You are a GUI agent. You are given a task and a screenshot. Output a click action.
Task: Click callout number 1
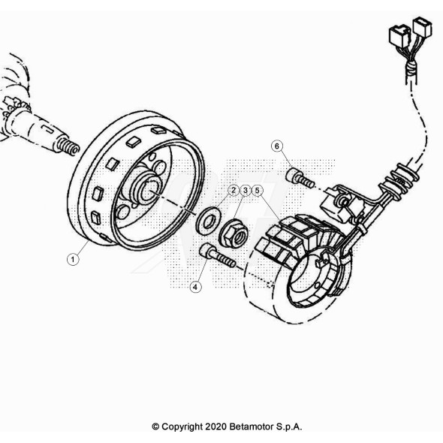click(x=73, y=259)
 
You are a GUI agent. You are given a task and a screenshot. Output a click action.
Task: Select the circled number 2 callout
click(x=234, y=191)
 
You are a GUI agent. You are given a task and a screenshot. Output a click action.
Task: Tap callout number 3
click(x=246, y=191)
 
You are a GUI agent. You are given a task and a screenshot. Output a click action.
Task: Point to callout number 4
click(x=195, y=287)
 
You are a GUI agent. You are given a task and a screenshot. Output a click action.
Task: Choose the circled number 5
click(x=257, y=191)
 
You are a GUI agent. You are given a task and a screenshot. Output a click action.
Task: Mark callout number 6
click(x=276, y=146)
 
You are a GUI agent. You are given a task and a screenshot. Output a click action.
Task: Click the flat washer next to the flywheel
click(x=208, y=221)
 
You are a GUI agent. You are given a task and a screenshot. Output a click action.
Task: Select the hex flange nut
click(x=234, y=233)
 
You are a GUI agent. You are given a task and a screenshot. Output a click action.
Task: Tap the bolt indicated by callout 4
click(x=218, y=256)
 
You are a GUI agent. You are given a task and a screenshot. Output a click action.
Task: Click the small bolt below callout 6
click(x=300, y=178)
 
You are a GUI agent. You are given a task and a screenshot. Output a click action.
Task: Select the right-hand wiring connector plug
click(x=422, y=27)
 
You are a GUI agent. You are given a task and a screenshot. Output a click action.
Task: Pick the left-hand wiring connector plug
click(x=399, y=35)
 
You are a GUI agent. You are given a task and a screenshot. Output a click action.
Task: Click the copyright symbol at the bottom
click(x=155, y=426)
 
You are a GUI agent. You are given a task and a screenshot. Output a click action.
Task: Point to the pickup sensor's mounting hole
click(x=343, y=202)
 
